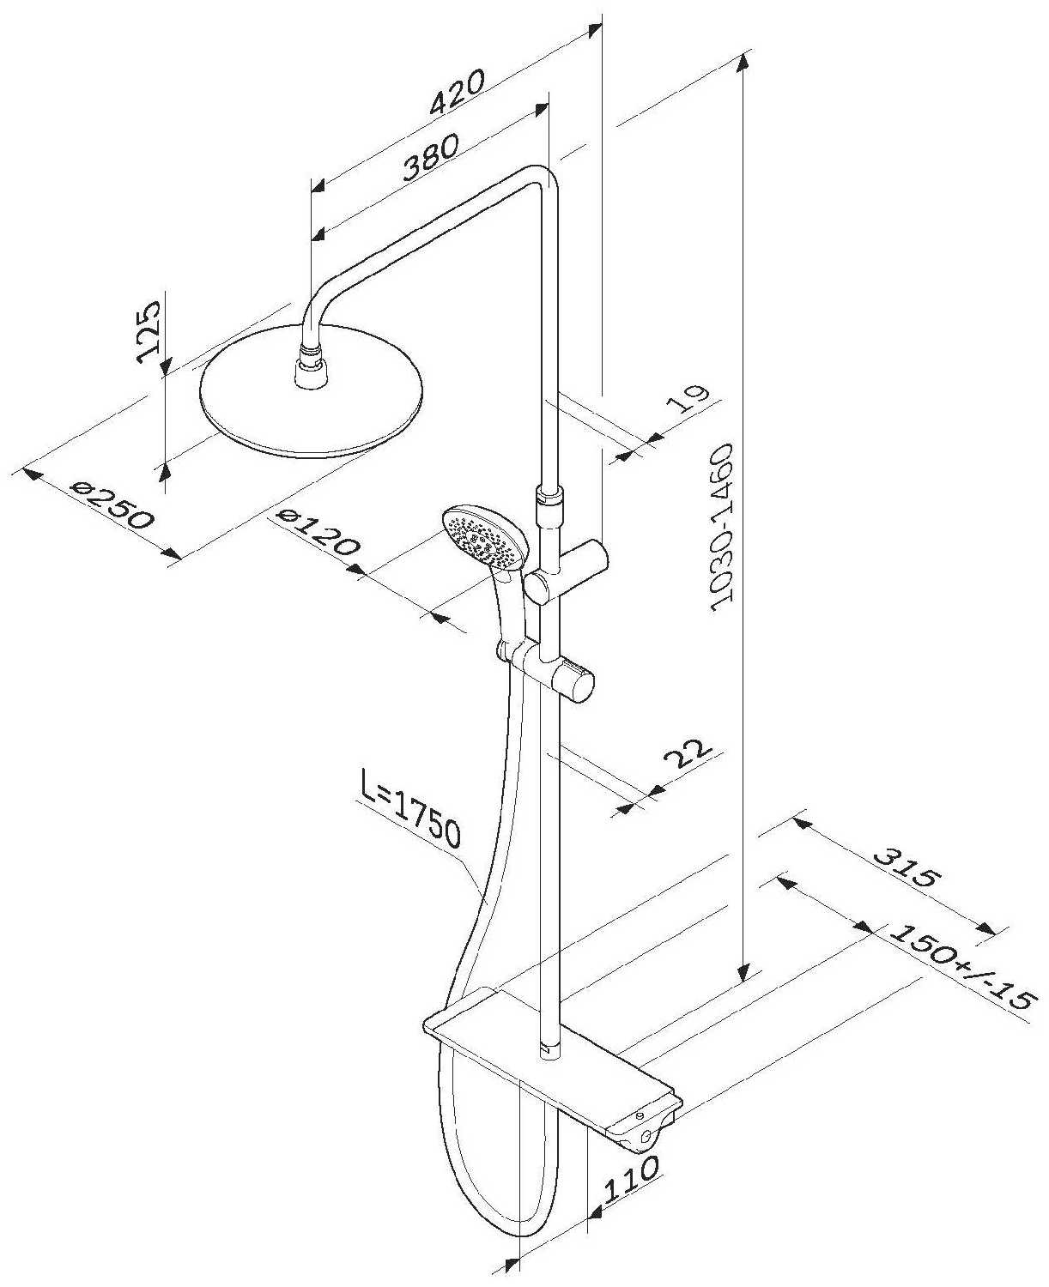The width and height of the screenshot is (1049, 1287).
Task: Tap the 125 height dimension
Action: (149, 331)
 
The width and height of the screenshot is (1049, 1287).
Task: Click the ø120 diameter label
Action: (318, 532)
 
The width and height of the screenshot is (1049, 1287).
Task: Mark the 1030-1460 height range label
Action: (723, 529)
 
